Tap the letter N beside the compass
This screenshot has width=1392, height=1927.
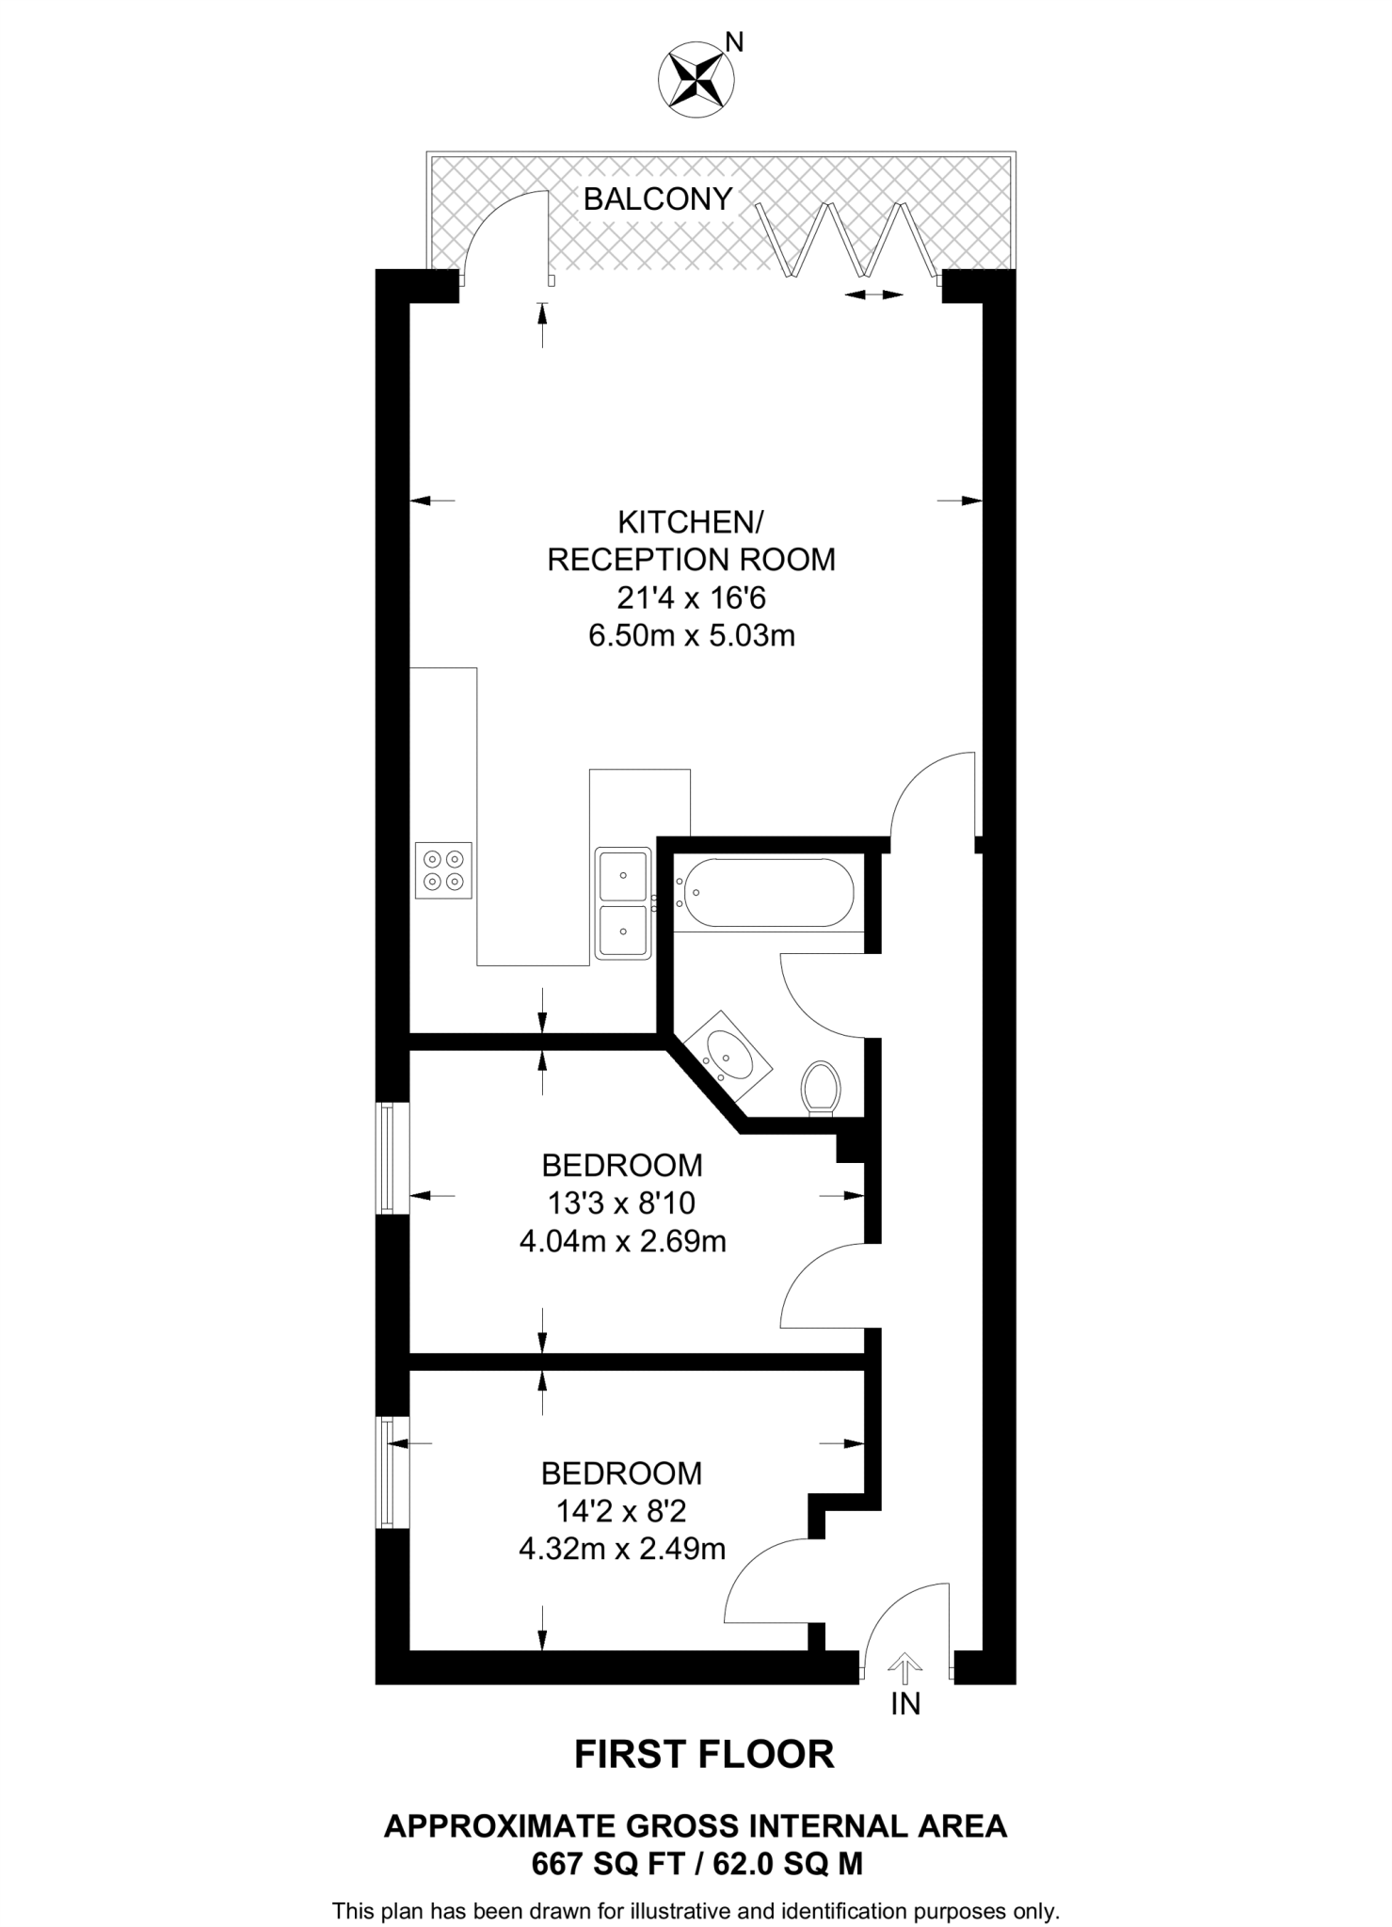coord(735,42)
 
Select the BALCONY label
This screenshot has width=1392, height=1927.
coord(658,199)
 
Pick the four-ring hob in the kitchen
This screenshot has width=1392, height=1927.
coord(443,869)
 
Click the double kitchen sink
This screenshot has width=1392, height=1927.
coord(623,903)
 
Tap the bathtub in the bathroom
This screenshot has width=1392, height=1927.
coord(768,892)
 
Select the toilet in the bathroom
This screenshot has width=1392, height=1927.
coord(820,1088)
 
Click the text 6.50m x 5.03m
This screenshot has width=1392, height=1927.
coord(692,636)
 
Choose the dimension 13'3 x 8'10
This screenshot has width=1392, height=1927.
coord(621,1203)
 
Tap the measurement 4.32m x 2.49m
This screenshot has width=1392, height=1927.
coord(622,1549)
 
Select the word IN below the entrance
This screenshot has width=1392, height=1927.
coord(905,1703)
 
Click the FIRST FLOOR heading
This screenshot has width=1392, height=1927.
coord(704,1754)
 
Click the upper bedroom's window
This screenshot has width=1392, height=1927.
coord(386,1158)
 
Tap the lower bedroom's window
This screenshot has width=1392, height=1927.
coord(386,1473)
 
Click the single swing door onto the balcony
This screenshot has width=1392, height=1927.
coord(508,235)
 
